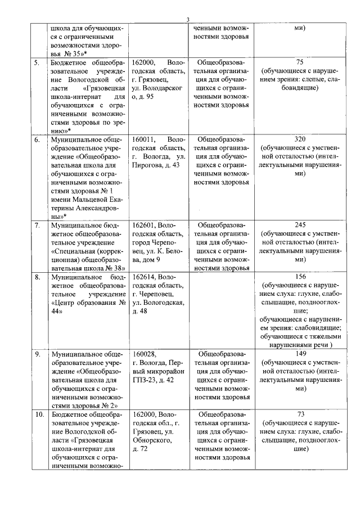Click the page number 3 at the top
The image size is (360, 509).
pos(188,20)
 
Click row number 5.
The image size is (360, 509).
pos(37,62)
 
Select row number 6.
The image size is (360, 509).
pos(37,139)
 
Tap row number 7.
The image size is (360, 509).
pos(37,226)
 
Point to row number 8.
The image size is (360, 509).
pos(37,277)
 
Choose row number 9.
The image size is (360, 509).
pos(37,354)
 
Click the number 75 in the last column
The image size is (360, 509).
pos(299,62)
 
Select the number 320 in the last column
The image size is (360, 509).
pos(299,139)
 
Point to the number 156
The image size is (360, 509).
pos(299,277)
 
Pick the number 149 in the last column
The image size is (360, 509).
pos(299,354)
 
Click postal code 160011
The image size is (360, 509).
pos(143,139)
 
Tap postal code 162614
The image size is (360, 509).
pos(143,277)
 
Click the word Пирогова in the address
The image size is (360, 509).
pos(147,165)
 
